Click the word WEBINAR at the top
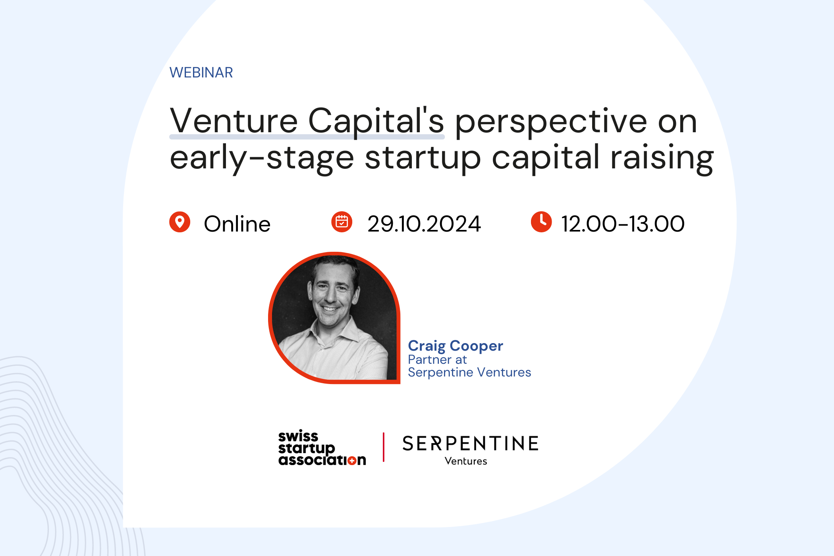pyautogui.click(x=201, y=73)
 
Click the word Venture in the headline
pyautogui.click(x=234, y=120)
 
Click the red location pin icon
pyautogui.click(x=180, y=222)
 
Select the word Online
pyautogui.click(x=237, y=224)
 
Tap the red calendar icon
pyautogui.click(x=342, y=222)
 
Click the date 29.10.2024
pyautogui.click(x=424, y=224)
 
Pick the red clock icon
pyautogui.click(x=541, y=222)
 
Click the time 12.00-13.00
pyautogui.click(x=623, y=224)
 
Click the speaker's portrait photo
pyautogui.click(x=334, y=318)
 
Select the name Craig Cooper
pyautogui.click(x=456, y=346)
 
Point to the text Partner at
pyautogui.click(x=437, y=359)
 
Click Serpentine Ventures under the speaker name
pyautogui.click(x=469, y=372)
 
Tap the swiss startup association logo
pyautogui.click(x=322, y=448)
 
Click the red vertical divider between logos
pyautogui.click(x=384, y=447)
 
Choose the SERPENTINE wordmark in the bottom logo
pyautogui.click(x=471, y=443)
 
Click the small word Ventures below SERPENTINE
pyautogui.click(x=466, y=461)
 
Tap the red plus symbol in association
pyautogui.click(x=351, y=461)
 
